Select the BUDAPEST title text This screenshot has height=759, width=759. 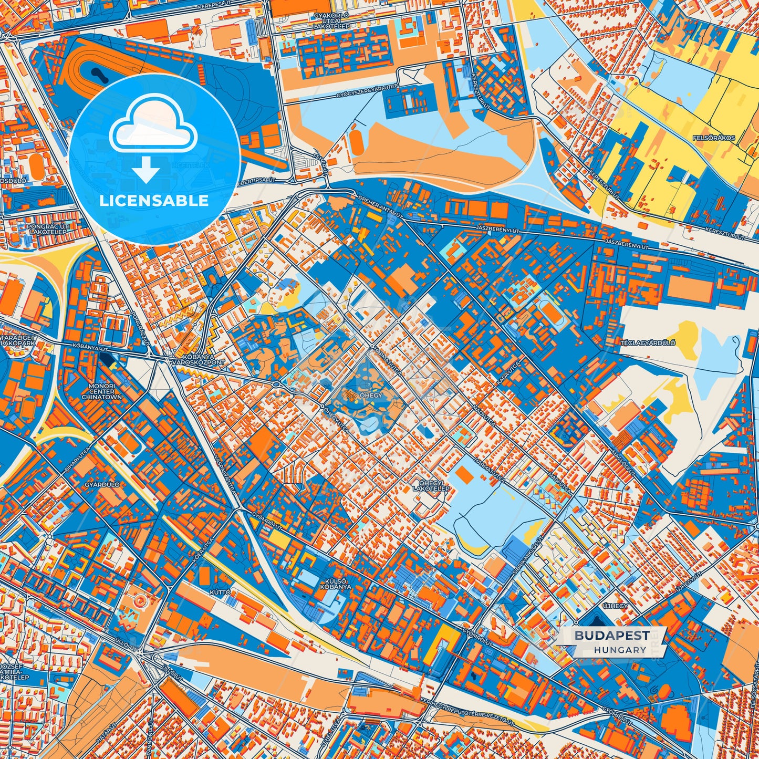click(x=611, y=636)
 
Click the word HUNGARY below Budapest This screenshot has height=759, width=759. click(x=620, y=650)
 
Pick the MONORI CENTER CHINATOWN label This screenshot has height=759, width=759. click(x=101, y=391)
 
